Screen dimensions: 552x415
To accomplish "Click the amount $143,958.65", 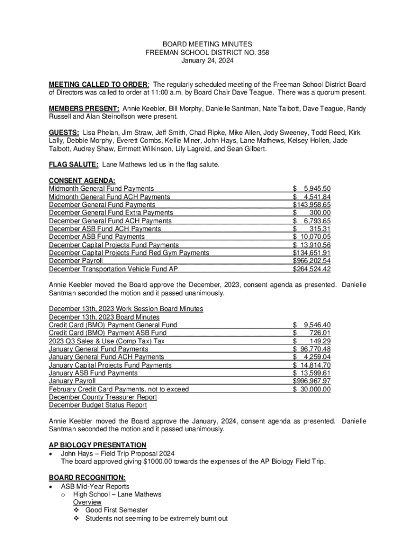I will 312,205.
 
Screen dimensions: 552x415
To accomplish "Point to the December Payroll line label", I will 75,261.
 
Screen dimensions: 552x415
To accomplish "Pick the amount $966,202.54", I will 312,261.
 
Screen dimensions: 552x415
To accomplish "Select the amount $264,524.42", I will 312,269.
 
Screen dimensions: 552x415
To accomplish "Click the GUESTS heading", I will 64,132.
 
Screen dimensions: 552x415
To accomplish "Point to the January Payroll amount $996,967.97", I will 312,381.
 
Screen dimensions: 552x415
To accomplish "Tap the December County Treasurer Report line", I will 103,397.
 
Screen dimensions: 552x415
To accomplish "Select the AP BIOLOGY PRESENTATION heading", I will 98,445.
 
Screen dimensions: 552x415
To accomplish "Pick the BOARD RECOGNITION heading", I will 87,478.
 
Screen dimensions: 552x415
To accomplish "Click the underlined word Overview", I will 87,502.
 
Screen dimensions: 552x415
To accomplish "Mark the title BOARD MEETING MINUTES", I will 207,44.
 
